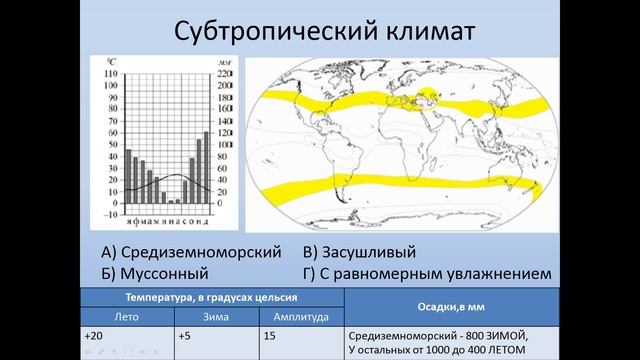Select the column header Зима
point(216,316)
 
